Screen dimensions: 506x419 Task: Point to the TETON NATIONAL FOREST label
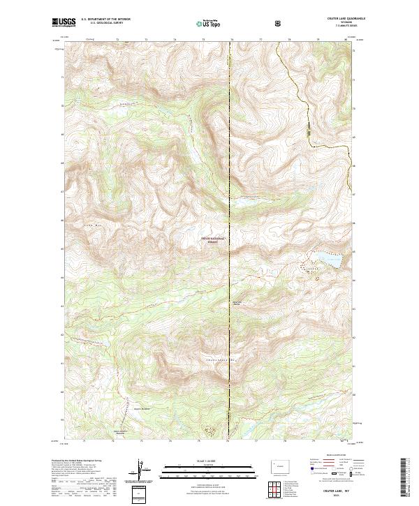(214, 239)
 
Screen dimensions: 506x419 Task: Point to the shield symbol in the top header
(279, 22)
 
